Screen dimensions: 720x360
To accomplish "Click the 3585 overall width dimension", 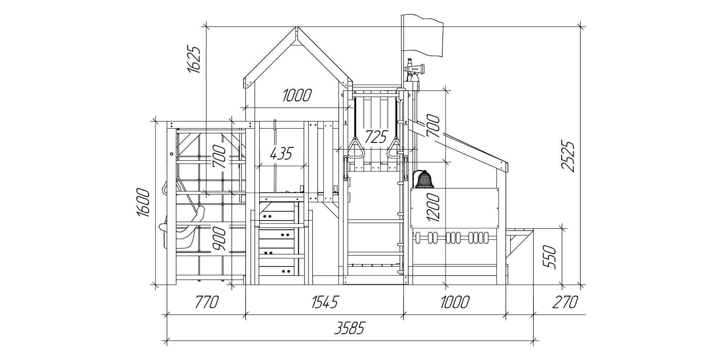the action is [349, 328].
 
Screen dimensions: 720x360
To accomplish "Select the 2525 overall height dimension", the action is [568, 157].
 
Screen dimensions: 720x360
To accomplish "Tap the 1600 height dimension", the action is [143, 202].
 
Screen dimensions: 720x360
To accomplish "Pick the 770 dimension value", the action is [207, 302].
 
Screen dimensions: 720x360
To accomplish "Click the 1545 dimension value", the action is [325, 302].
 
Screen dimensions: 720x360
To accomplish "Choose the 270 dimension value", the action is [565, 302].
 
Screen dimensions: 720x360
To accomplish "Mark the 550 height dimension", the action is [550, 257].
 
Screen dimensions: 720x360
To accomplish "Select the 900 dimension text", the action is [219, 239].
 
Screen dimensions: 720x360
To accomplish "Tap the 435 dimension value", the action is [282, 154].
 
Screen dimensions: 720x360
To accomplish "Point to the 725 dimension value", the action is [376, 137].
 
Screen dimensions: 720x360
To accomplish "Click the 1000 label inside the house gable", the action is [297, 96].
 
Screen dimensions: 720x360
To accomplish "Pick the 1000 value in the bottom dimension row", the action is [455, 302].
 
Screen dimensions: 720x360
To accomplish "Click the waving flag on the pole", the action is [423, 36].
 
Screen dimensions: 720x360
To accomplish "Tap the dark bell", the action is [424, 179].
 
